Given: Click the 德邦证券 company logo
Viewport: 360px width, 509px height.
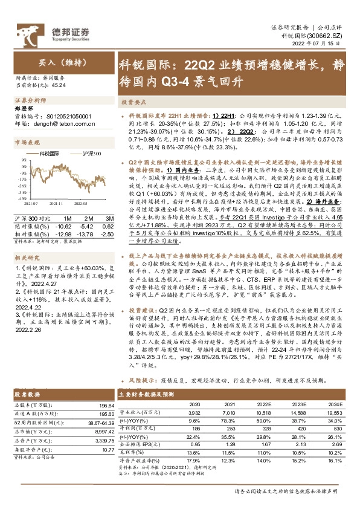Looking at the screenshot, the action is point(66,33).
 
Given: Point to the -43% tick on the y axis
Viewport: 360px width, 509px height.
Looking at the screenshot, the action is point(21,198).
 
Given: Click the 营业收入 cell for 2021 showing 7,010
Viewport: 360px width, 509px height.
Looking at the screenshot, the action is point(228,412).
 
